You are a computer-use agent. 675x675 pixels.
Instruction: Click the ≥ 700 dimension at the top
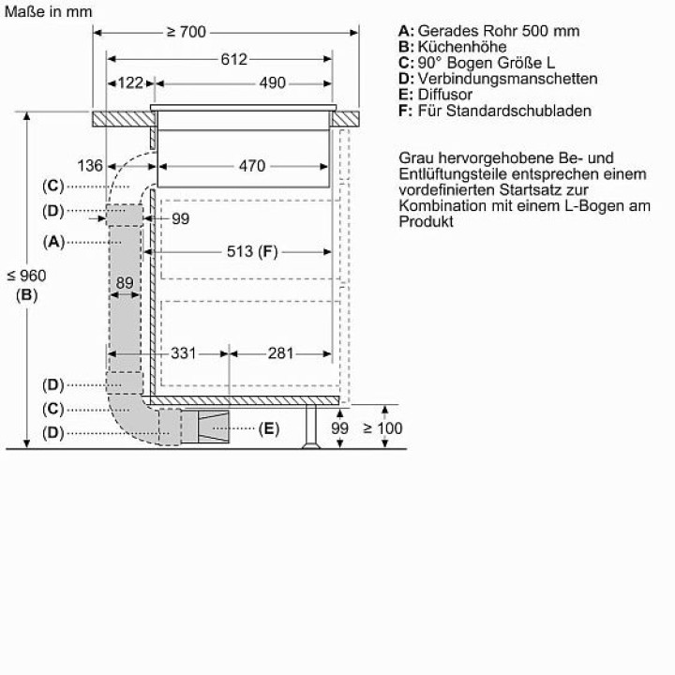(x=187, y=32)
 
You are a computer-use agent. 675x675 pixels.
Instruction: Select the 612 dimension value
(x=233, y=59)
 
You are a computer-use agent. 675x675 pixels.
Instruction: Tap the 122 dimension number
(x=130, y=82)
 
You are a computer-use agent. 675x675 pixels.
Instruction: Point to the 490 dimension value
(x=272, y=82)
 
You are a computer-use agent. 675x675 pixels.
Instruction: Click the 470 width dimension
(x=252, y=166)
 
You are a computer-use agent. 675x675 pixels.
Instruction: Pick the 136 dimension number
(x=90, y=165)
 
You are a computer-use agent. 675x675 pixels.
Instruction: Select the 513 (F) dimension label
(x=252, y=251)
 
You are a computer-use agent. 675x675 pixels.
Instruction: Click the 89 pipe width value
(x=125, y=283)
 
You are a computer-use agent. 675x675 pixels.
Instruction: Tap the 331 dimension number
(x=184, y=353)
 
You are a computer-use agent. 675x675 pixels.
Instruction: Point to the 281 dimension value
(x=280, y=353)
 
